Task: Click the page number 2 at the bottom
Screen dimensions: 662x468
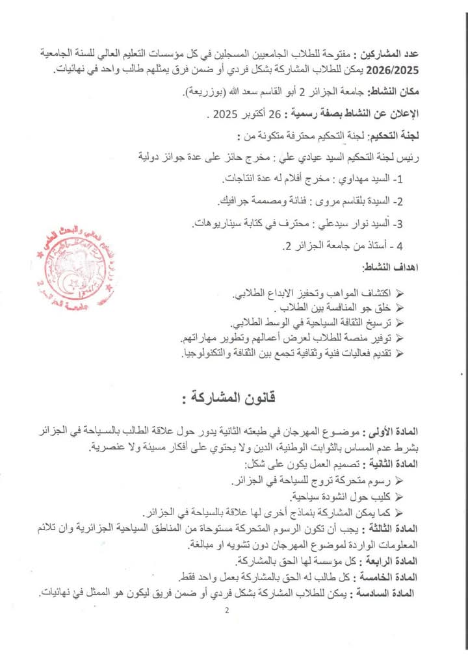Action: point(227,611)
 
